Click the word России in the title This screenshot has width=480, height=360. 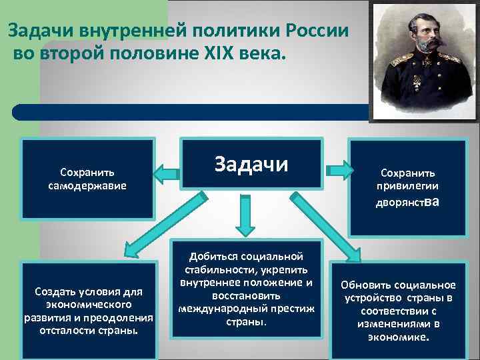(x=317, y=31)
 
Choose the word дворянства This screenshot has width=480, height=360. (x=407, y=202)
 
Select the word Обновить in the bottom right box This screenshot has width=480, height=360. (x=365, y=285)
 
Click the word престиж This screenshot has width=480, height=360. (x=285, y=309)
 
